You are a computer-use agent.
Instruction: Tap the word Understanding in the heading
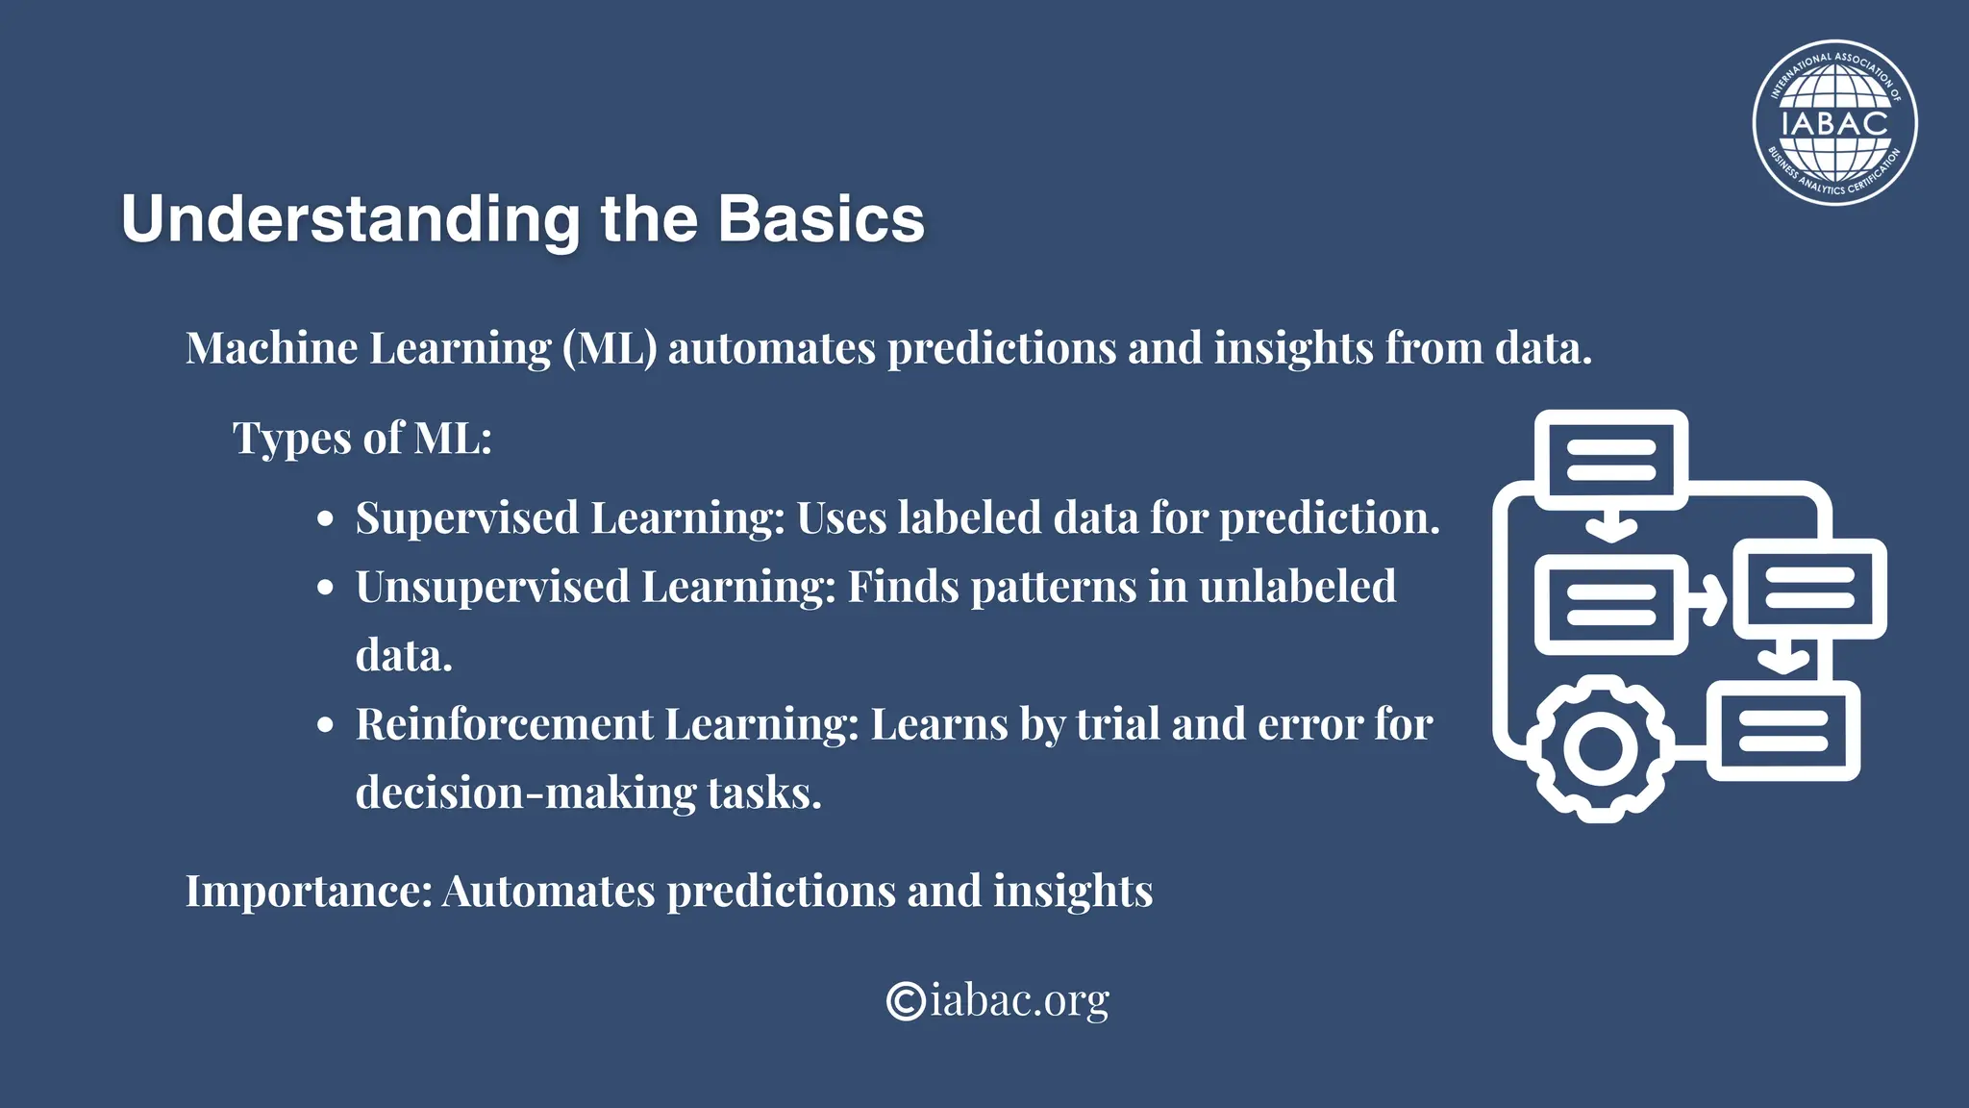[351, 219]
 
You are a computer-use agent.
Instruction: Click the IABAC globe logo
[1834, 123]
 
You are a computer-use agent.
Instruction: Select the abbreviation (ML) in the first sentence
[610, 348]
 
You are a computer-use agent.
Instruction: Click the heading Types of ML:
[362, 439]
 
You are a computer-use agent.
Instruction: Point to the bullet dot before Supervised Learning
[326, 519]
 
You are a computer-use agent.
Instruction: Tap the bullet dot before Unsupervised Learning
[326, 588]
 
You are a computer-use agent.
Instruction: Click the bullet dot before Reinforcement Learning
[326, 725]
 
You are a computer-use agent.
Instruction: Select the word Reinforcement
[504, 724]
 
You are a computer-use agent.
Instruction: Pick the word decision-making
[526, 793]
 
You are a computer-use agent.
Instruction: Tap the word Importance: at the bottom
[309, 891]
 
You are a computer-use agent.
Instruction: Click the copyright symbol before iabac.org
[905, 1000]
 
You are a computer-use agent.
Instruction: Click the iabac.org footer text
[1019, 1000]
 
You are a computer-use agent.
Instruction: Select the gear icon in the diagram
[1600, 748]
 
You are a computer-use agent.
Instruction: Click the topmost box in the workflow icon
[1610, 460]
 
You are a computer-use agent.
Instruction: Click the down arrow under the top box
[1610, 526]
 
